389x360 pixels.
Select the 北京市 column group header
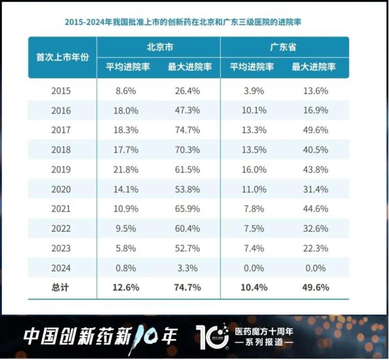coord(159,47)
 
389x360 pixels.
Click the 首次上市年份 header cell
coord(62,58)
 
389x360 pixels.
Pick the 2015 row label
coord(61,91)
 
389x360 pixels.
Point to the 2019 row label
coord(61,170)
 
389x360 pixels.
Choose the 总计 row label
coord(61,288)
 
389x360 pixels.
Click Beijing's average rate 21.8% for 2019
coord(126,170)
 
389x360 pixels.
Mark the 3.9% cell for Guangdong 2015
coord(252,91)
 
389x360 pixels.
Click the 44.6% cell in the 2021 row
coord(315,208)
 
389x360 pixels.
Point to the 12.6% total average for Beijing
coord(126,288)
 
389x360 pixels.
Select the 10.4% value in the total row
coord(252,288)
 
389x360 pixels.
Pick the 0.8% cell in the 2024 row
coord(126,268)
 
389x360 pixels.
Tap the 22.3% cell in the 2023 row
coord(315,248)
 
